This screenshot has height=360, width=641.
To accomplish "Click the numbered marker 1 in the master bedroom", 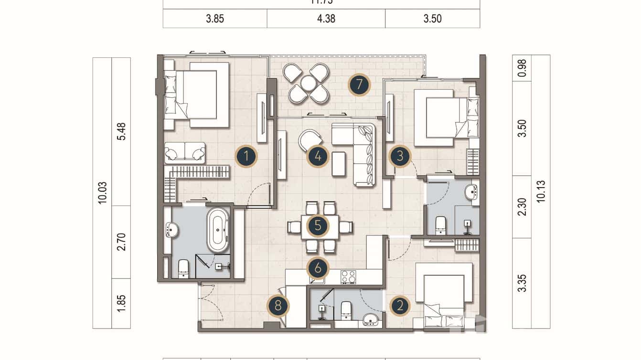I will coord(246,156).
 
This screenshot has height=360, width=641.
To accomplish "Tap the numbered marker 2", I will coord(400,306).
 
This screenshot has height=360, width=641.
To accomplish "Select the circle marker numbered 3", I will coord(400,156).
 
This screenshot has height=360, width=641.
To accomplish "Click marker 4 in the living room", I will coord(318,156).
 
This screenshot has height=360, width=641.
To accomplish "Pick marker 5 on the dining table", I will coord(318,226).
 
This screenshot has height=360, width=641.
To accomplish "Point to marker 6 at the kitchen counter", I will coord(318,268).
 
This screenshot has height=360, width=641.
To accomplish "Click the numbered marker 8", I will coord(278,306).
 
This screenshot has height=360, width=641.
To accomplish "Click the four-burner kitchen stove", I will coord(348,276).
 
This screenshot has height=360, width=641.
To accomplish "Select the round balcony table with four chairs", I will coord(309,84).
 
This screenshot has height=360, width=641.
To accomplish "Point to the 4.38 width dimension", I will coord(326,19).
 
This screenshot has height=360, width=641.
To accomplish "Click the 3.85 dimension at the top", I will coord(215,19).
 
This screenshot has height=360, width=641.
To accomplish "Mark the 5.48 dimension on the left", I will coord(121,131).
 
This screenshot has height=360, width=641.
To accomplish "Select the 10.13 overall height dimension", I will coord(541,191).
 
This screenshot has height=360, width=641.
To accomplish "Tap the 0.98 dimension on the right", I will coord(522,68).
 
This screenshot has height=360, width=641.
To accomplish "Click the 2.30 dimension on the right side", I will coord(522,207).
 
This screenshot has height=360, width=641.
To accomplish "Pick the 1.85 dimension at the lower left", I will coord(121,303).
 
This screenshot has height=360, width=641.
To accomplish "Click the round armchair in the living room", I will coord(309,140).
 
